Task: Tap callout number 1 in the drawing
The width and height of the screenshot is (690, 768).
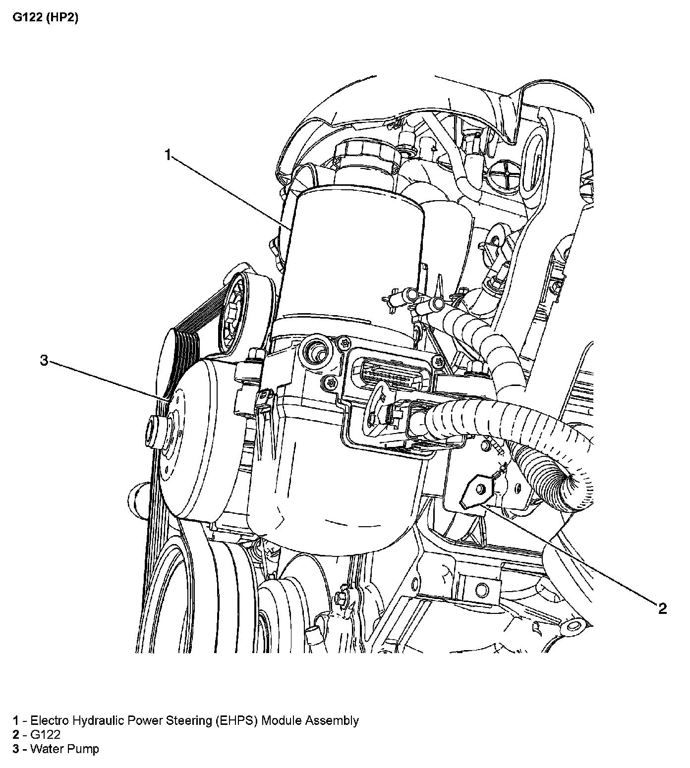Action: (x=168, y=156)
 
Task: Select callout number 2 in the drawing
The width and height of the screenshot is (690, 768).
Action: (x=662, y=608)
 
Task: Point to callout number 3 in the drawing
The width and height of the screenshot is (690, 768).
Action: (x=44, y=361)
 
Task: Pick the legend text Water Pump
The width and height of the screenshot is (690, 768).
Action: (x=64, y=749)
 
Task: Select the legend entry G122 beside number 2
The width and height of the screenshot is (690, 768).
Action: (x=45, y=735)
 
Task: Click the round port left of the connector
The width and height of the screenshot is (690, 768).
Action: (x=315, y=351)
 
